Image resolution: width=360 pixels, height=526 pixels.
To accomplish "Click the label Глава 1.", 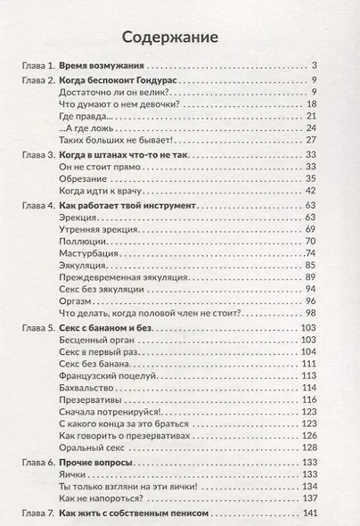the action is [x=39, y=66].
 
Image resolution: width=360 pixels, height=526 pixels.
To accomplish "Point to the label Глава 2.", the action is [x=39, y=81].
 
